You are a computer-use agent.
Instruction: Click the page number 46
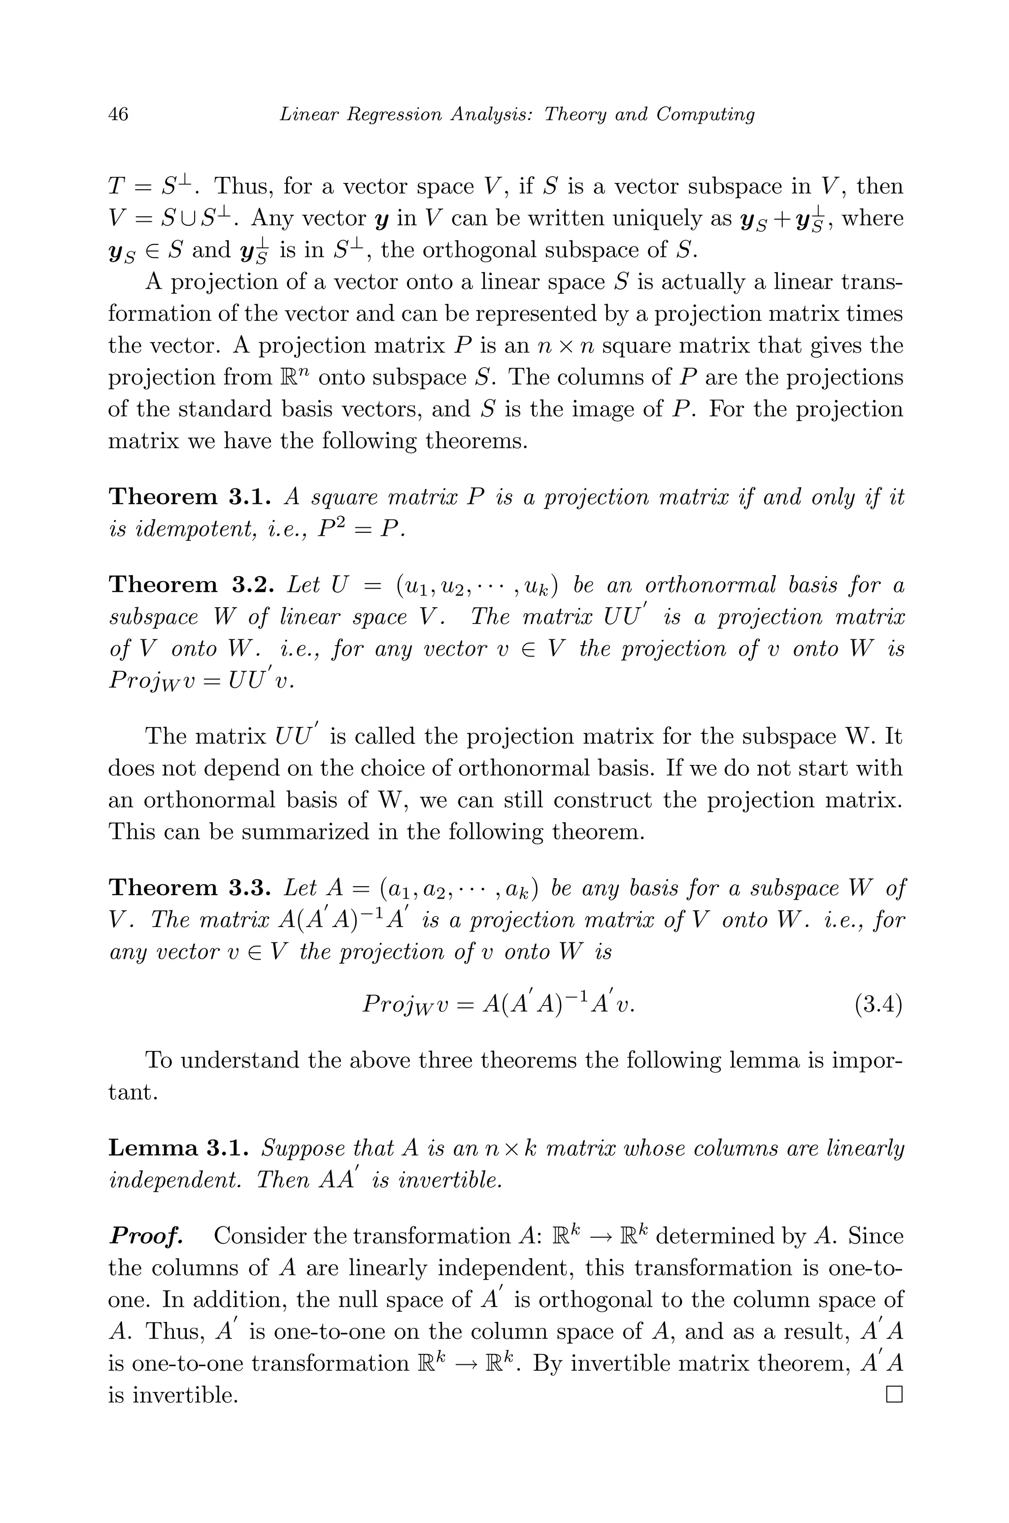click(118, 114)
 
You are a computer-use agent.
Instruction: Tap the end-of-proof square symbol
click(895, 1395)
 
